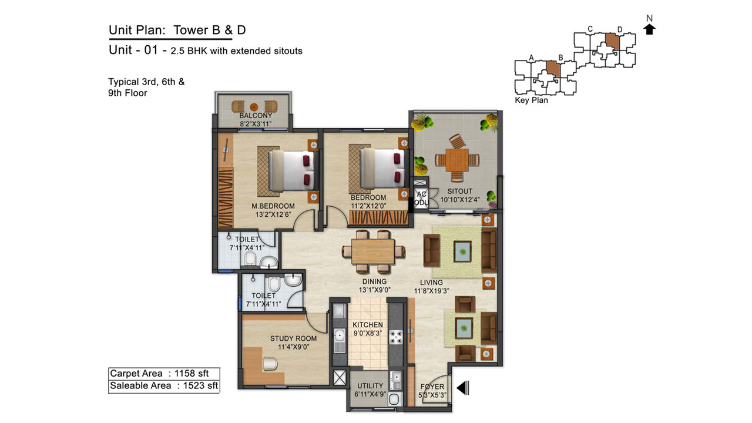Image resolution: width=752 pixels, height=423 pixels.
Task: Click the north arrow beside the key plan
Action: (x=649, y=29)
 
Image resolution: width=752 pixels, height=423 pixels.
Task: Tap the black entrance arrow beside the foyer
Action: (x=462, y=388)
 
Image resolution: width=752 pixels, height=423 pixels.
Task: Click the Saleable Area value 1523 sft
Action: (x=200, y=385)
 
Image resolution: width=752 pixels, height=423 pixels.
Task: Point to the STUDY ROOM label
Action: (x=293, y=339)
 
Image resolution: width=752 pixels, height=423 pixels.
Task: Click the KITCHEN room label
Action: (x=368, y=325)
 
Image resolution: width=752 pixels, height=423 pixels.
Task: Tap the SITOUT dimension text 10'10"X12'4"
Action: (x=459, y=200)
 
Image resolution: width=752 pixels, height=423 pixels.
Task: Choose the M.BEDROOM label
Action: (x=273, y=206)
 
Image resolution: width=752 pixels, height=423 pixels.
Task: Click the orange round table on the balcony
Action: (x=254, y=107)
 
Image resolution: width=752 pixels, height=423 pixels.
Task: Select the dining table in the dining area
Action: (x=373, y=251)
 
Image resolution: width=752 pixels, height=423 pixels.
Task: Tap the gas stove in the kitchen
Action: (x=395, y=337)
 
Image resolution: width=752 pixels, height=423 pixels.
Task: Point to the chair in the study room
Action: (x=270, y=364)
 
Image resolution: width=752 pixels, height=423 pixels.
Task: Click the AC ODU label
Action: (x=421, y=199)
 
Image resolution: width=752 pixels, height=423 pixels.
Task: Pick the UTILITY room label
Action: (x=370, y=386)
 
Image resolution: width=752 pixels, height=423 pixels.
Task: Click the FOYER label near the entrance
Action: (x=432, y=387)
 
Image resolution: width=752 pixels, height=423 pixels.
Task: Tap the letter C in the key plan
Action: (x=590, y=29)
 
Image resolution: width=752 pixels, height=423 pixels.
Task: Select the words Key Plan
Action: (x=531, y=100)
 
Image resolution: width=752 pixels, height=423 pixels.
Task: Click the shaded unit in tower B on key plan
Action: (x=553, y=69)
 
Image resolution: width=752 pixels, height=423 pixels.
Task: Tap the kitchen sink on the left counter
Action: (x=340, y=335)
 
